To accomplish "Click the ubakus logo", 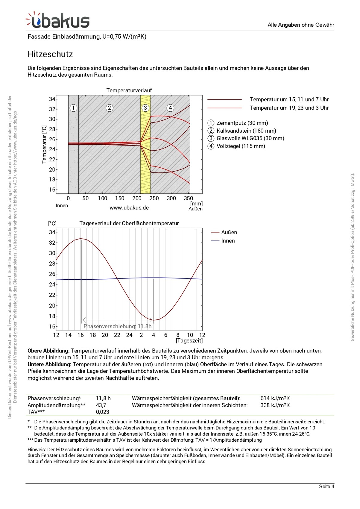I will coord(58,20).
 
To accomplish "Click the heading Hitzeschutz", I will coord(50,54).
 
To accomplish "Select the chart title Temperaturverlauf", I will coord(129,90).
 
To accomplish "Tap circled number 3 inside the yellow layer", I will coord(145,108).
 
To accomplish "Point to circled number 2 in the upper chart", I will coord(109,108).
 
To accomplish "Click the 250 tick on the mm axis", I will coord(154,198).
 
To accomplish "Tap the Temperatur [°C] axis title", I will coord(44,144).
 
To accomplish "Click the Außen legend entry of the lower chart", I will coord(229,232).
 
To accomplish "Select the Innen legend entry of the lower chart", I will coord(228,241).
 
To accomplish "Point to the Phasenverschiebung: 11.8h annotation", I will coord(117,326).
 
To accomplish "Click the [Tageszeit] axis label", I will coord(189,340).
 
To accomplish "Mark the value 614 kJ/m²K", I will coord(275,398).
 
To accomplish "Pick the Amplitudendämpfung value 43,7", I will coord(101,405).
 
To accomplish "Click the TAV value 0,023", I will coord(103,412).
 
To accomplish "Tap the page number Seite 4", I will coord(326,486).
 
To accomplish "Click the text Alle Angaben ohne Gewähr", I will coord(301,25).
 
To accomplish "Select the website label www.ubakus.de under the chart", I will coord(129,207).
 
